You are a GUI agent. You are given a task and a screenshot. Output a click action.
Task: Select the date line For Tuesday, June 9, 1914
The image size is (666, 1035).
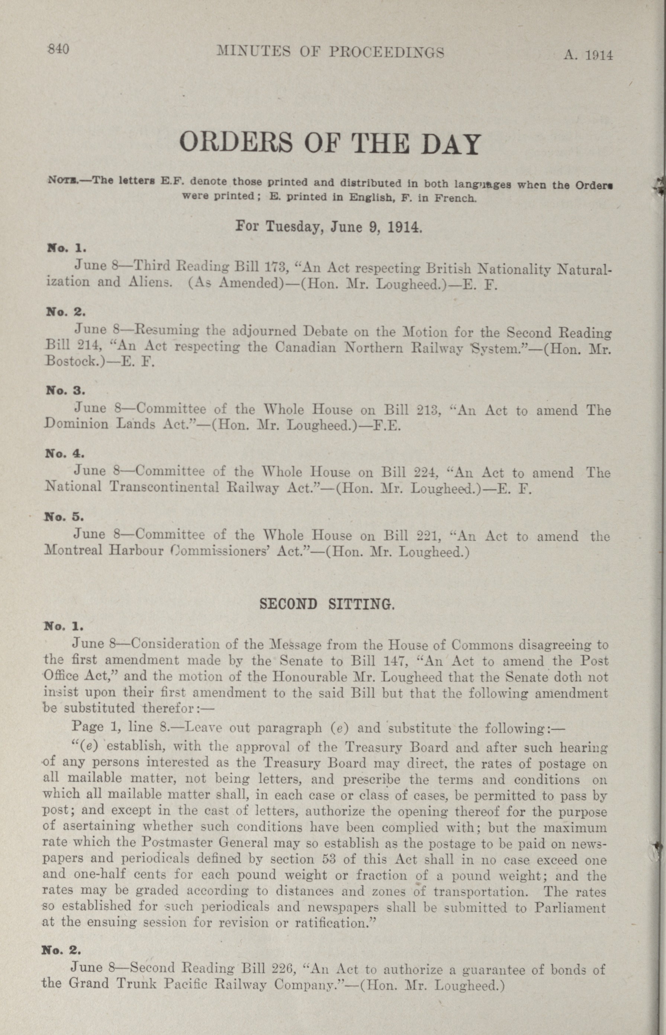point(328,226)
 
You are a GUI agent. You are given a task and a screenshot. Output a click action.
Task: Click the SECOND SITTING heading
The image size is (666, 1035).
point(326,604)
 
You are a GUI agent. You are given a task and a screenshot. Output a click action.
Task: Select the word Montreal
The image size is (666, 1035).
point(73,551)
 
